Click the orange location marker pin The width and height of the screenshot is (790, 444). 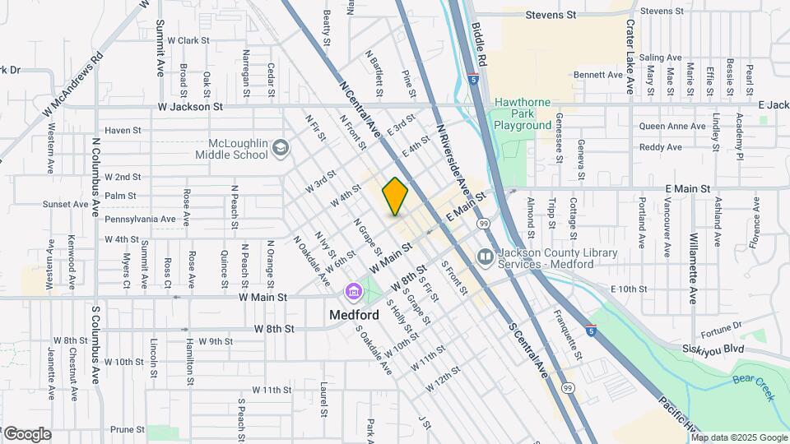[x=396, y=197]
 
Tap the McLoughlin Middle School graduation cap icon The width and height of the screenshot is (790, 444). [x=281, y=148]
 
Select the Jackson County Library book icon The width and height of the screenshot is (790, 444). [x=486, y=258]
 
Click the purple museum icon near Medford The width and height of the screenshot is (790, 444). [x=354, y=292]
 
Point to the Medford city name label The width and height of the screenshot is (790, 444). [x=354, y=315]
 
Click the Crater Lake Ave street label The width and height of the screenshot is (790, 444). [x=630, y=56]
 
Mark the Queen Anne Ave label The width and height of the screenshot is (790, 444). [x=672, y=127]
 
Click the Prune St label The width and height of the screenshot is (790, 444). [x=128, y=429]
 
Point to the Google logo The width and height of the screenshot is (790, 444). [x=26, y=434]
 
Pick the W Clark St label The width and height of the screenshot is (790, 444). [x=188, y=39]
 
